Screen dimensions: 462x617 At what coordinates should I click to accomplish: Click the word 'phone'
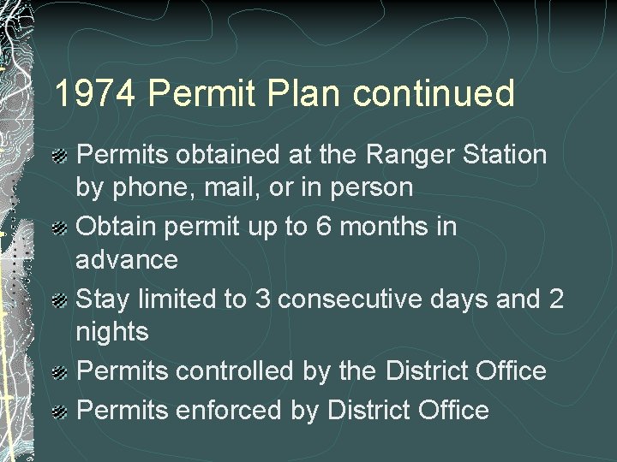[x=146, y=187]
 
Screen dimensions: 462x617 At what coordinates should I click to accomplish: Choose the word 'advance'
[x=128, y=258]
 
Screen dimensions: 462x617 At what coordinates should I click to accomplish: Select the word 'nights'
[x=113, y=331]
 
